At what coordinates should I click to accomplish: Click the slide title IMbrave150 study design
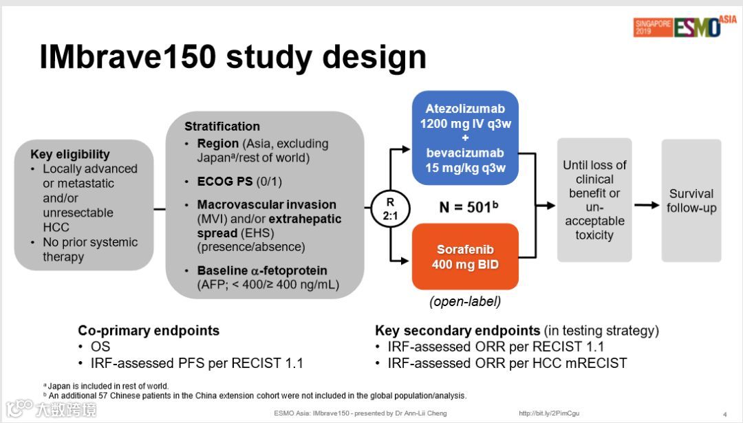pos(233,58)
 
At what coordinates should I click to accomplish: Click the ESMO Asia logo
pos(685,26)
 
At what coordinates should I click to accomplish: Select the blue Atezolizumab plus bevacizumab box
pos(464,138)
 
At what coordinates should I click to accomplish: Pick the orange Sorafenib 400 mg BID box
pos(464,257)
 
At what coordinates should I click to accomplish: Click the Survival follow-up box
pos(691,201)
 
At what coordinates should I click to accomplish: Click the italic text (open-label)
pos(464,301)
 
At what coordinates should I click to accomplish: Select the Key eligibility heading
pos(70,154)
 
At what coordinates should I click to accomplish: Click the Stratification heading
pos(222,127)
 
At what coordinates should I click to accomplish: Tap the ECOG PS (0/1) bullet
pos(239,182)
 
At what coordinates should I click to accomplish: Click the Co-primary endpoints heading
pos(149,330)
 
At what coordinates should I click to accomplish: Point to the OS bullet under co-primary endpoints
pos(100,346)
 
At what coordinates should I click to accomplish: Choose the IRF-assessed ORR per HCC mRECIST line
pos(507,362)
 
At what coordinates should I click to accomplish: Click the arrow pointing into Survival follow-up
pos(646,205)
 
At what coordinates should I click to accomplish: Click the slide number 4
pos(724,414)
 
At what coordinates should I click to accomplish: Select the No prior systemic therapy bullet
pos(89,250)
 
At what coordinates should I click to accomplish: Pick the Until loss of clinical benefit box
pos(594,200)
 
